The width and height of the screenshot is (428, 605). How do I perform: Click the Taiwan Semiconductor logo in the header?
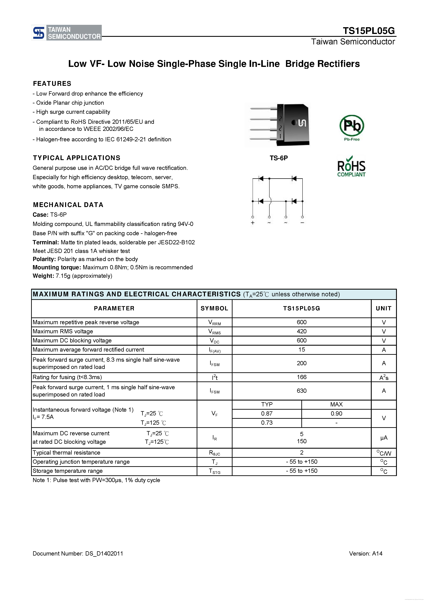point(66,33)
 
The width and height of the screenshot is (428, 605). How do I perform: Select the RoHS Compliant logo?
point(351,167)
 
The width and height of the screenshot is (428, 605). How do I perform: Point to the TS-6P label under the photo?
point(279,158)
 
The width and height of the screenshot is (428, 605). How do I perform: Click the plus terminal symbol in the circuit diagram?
point(252,223)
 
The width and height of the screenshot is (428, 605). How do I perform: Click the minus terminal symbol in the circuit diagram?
point(302,223)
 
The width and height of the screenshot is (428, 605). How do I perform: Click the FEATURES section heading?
point(52,84)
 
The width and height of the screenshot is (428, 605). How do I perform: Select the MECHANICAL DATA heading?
point(68,205)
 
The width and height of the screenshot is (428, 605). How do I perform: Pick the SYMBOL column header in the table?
point(214,308)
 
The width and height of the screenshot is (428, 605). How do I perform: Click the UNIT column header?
point(384,308)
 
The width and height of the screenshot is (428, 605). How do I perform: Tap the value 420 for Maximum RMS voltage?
point(302,331)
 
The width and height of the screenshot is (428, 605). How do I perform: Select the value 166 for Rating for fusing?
point(302,377)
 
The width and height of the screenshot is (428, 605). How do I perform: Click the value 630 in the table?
point(302,391)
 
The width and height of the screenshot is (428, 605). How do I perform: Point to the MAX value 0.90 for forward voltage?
point(337,413)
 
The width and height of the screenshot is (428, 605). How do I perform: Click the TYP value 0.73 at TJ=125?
point(267,423)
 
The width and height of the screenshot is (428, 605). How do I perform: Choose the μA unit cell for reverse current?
point(384,438)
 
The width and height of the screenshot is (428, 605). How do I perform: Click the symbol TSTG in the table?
point(214,471)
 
